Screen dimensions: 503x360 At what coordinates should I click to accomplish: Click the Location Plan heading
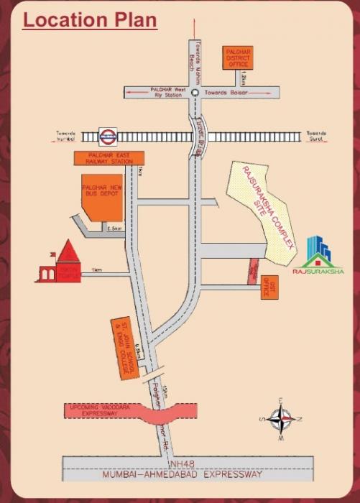[90, 19]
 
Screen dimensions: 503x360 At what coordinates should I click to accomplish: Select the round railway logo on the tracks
[108, 136]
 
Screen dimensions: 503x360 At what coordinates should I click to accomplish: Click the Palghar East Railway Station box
[109, 158]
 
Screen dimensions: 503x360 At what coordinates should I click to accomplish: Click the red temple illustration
[60, 264]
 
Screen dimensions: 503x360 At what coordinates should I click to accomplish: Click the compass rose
[282, 420]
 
